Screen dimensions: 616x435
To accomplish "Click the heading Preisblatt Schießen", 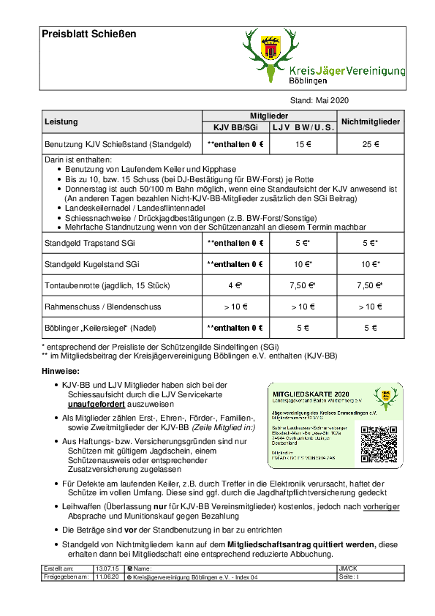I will click(88, 34).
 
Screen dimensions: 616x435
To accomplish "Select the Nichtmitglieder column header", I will click(370, 121).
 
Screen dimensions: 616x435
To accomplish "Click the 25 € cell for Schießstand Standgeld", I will click(370, 144).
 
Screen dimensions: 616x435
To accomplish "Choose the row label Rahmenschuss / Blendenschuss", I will click(102, 307).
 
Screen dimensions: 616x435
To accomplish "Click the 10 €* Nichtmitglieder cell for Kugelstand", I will click(370, 263).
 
